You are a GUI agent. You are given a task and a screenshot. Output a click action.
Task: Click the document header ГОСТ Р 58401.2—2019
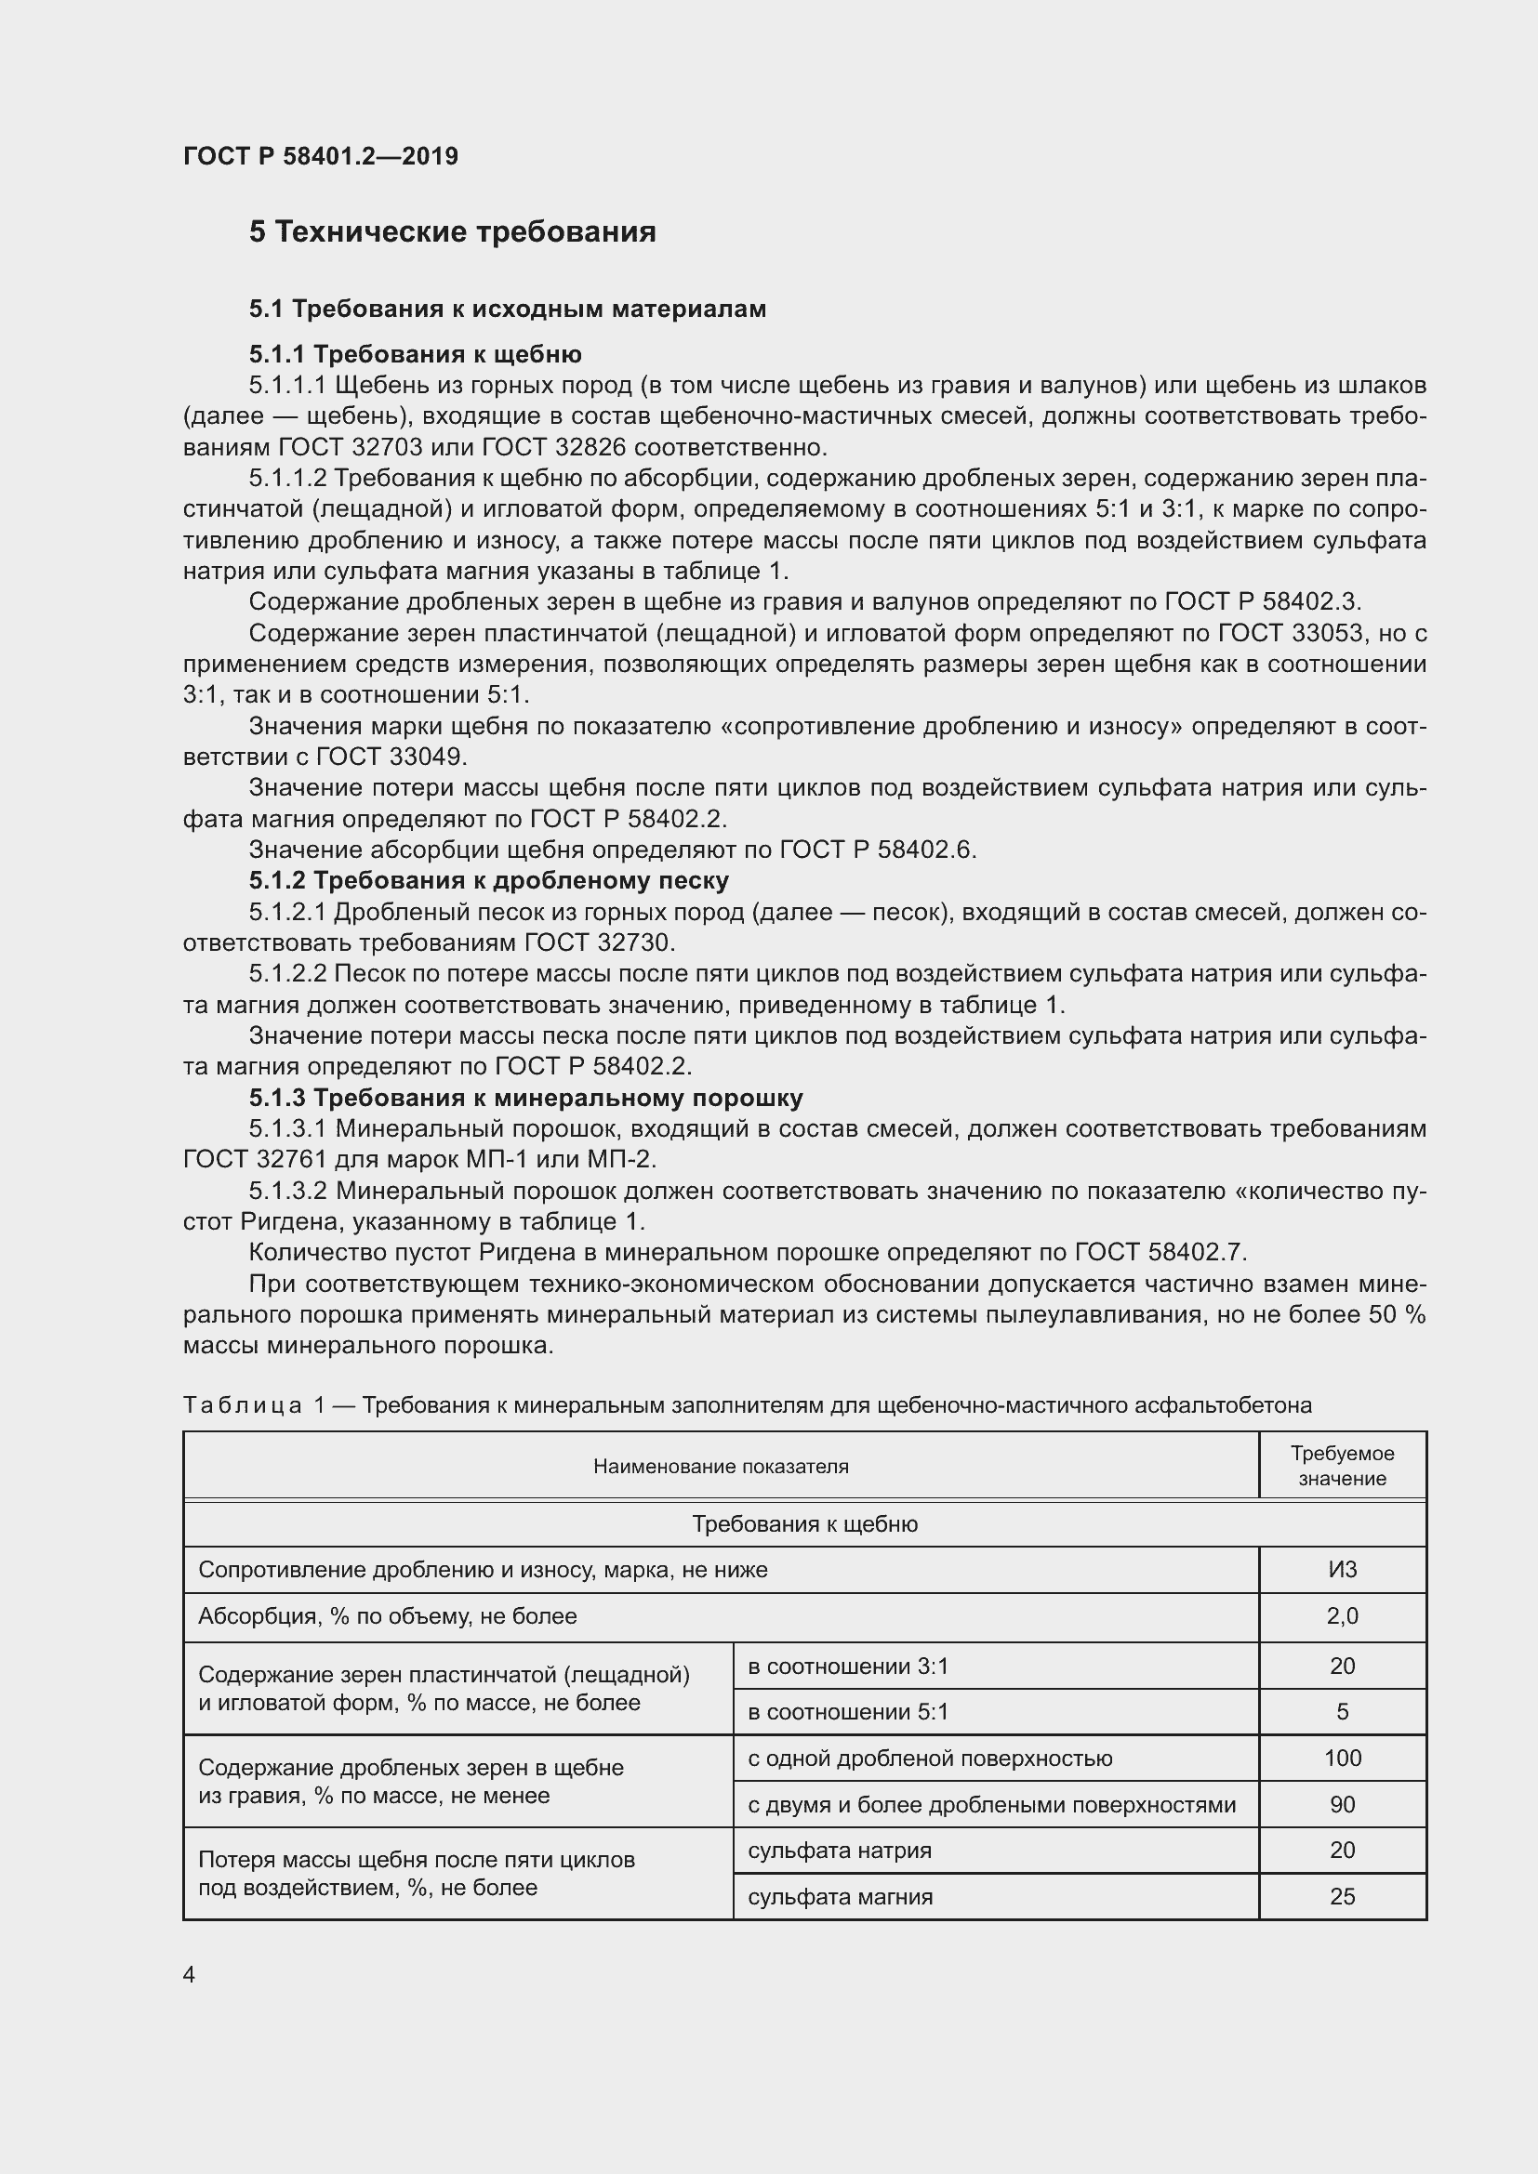click(320, 156)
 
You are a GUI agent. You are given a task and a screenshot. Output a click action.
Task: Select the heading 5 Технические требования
click(452, 232)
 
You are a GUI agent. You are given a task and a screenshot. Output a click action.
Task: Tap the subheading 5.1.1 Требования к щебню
click(415, 354)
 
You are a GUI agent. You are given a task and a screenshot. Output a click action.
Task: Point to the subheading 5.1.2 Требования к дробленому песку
click(489, 880)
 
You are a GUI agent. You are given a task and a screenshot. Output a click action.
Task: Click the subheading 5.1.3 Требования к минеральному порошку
click(525, 1098)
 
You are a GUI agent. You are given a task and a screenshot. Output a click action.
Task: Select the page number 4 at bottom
click(190, 1974)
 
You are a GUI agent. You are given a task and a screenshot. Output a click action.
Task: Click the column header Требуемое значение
click(1342, 1466)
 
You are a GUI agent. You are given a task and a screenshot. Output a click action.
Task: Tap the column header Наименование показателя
click(721, 1467)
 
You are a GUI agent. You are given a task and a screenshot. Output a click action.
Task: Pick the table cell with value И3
click(1342, 1570)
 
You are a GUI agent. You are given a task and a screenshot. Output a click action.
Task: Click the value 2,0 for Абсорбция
click(1342, 1616)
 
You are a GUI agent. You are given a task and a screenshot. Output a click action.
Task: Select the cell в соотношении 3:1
click(848, 1667)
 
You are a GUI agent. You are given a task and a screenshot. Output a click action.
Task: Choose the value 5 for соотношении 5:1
click(1342, 1712)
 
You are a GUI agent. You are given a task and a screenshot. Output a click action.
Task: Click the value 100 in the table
click(1342, 1759)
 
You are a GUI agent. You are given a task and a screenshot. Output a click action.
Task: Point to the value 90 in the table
click(1342, 1805)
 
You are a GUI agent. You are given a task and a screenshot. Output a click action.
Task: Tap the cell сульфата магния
click(840, 1897)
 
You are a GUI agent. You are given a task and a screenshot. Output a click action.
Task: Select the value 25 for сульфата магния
click(1342, 1897)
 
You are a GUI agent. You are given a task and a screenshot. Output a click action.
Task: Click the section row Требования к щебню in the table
click(804, 1524)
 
